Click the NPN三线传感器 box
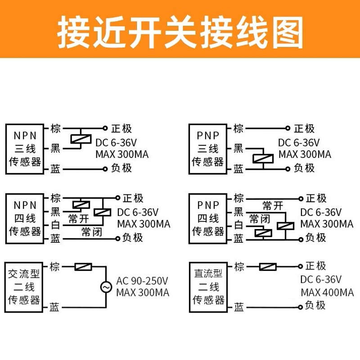[x=25, y=148]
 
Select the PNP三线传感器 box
[x=208, y=148]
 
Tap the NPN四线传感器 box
[x=25, y=219]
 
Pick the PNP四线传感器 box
[x=208, y=219]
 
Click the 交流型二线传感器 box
[x=25, y=287]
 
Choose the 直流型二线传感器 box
[x=208, y=287]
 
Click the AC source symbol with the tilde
[x=107, y=287]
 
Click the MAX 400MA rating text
[x=327, y=292]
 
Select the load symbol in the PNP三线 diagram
[x=262, y=158]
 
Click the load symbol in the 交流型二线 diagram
[x=83, y=267]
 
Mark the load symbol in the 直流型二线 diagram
[x=268, y=267]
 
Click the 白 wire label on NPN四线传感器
[x=55, y=225]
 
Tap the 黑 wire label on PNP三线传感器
[x=238, y=148]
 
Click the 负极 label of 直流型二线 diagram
[x=315, y=306]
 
